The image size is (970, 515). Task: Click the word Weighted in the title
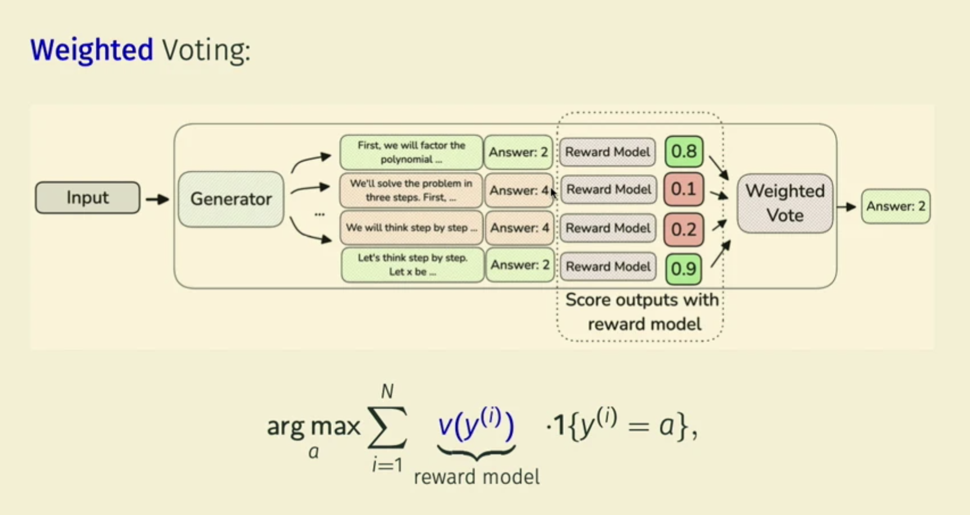pos(92,50)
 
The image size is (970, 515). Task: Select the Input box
pos(87,197)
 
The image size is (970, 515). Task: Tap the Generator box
pos(231,199)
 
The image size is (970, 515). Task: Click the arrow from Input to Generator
pos(158,199)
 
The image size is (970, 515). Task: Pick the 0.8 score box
pos(684,151)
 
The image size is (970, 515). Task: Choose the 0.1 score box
pos(683,189)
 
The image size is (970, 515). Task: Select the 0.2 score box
pos(683,229)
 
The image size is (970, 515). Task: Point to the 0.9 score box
pos(683,268)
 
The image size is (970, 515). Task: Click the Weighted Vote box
pos(785,203)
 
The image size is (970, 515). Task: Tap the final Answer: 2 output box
pos(896,206)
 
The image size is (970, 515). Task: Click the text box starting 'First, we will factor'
pos(411,152)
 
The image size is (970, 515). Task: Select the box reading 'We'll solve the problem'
pos(411,191)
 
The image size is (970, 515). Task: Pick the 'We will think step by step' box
pos(411,228)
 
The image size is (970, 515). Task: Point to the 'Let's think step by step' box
pos(412,265)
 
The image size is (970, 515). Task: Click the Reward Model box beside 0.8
pos(608,152)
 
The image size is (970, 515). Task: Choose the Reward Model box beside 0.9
pos(608,267)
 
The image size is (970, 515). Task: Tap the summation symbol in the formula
pos(387,427)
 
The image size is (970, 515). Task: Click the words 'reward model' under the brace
pos(476,477)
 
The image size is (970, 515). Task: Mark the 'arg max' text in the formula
pos(313,427)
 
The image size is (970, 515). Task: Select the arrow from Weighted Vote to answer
pos(846,207)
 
